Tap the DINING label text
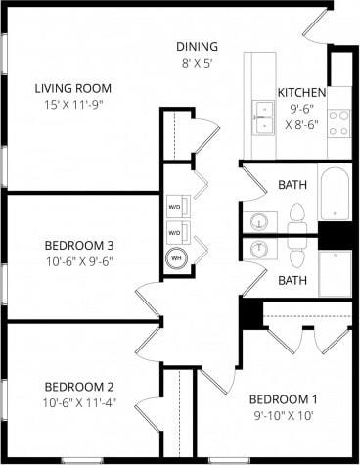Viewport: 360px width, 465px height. click(197, 47)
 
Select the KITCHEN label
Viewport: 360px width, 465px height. click(300, 92)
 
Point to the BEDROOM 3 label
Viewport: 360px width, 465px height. click(80, 245)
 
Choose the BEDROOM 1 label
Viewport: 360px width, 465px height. click(284, 398)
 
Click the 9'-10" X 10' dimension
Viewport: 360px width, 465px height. click(284, 415)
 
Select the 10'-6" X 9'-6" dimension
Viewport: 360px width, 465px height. click(80, 261)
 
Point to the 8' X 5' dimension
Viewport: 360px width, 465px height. click(197, 64)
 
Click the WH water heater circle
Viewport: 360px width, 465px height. click(177, 258)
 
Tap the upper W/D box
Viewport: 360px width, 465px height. click(174, 208)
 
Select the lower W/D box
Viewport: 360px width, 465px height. click(174, 233)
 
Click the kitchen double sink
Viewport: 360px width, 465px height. click(262, 117)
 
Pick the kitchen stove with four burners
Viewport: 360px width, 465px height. click(338, 122)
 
